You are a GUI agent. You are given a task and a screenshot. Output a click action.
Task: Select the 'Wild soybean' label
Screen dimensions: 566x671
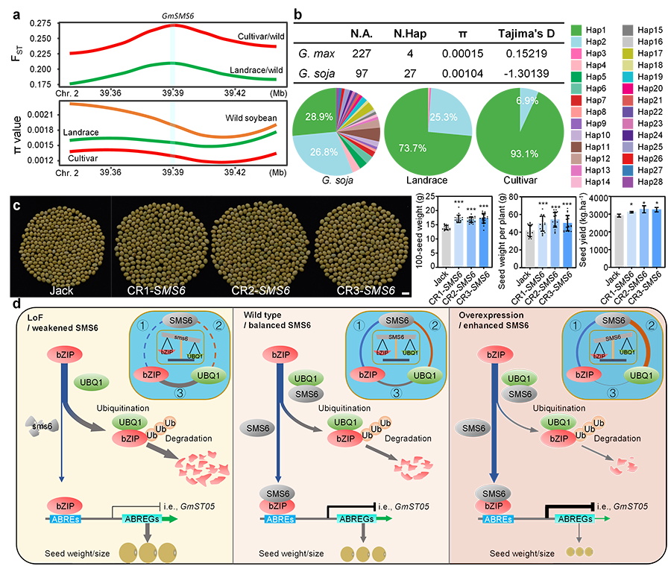click(251, 118)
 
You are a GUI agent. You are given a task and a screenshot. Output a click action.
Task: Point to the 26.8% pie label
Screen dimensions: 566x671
click(318, 152)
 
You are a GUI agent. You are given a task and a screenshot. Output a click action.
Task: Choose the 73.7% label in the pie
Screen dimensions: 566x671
click(412, 148)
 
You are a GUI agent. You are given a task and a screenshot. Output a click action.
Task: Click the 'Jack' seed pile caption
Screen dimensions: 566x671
click(63, 291)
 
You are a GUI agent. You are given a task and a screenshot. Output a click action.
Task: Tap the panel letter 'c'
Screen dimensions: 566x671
click(17, 205)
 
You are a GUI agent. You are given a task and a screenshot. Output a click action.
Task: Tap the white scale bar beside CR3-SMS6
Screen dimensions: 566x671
click(406, 295)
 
